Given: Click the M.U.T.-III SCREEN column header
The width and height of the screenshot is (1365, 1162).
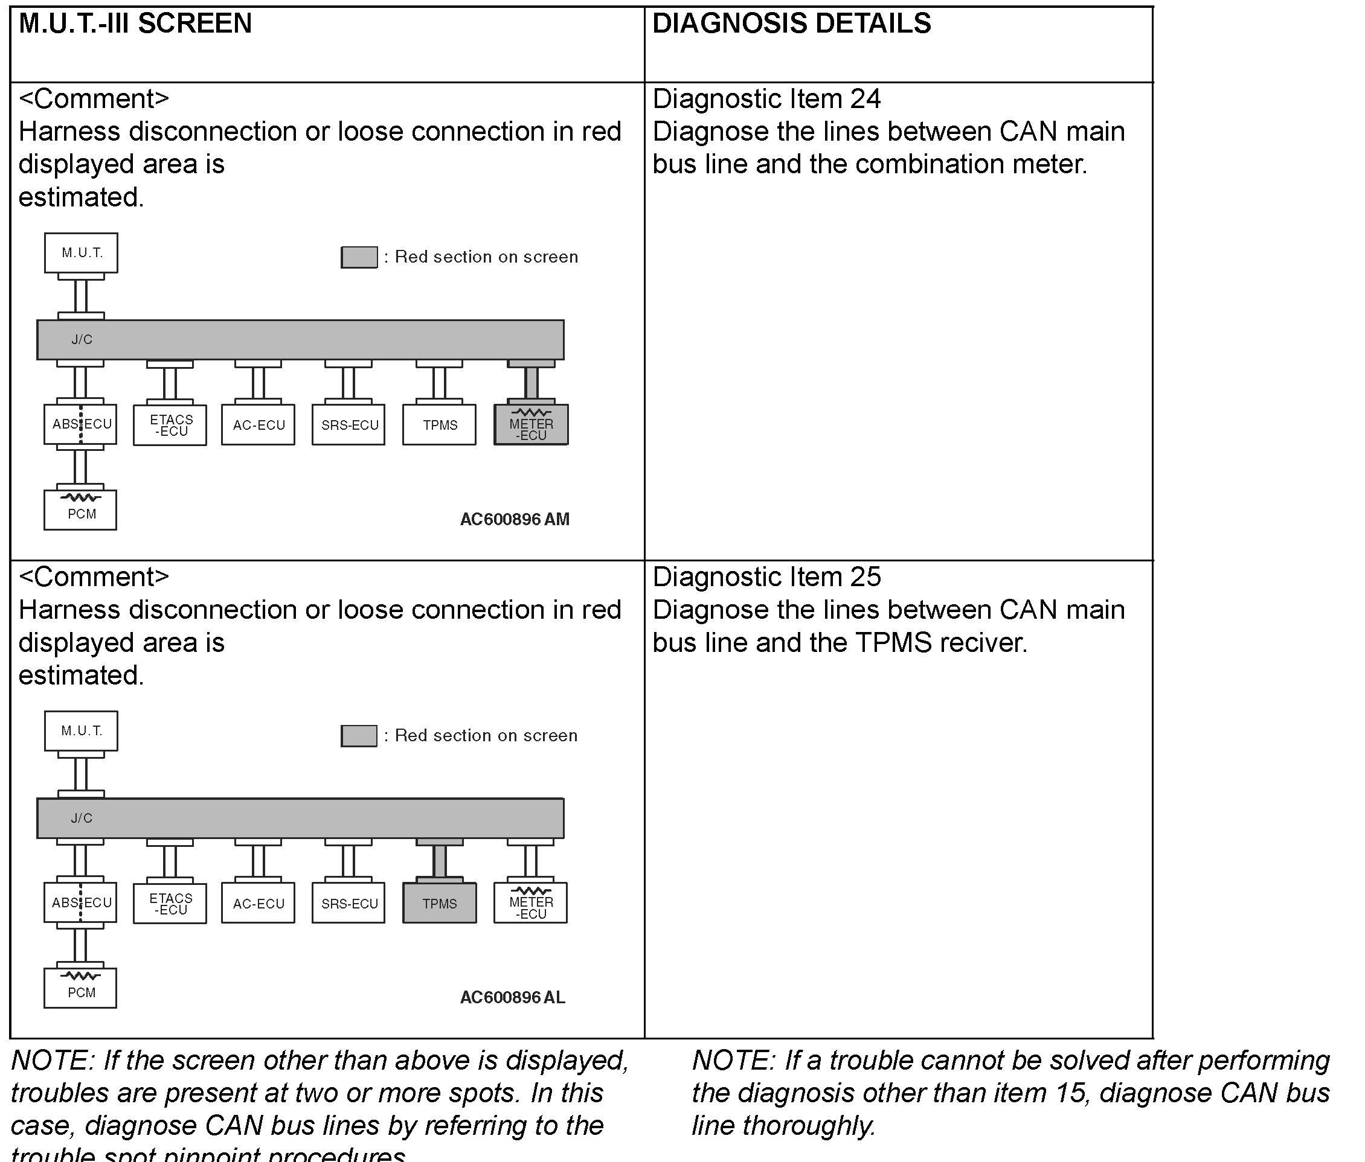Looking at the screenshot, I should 135,24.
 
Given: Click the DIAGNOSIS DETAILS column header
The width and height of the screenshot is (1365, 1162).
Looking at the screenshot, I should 791,24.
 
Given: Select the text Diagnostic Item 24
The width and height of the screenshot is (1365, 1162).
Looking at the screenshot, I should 766,99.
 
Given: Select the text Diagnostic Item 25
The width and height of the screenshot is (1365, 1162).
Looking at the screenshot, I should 766,576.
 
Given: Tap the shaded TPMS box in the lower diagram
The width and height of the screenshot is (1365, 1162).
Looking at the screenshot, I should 440,903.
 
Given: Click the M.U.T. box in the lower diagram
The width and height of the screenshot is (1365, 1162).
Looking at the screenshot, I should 81,731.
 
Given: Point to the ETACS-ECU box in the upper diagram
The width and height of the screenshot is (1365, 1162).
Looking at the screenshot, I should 170,426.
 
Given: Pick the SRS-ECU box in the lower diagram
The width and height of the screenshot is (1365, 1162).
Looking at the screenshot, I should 348,903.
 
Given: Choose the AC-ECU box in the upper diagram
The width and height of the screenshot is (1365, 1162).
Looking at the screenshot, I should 259,426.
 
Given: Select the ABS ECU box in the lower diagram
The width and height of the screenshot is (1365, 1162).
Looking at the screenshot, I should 80,902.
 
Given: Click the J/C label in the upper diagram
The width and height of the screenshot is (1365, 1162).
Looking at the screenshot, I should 82,340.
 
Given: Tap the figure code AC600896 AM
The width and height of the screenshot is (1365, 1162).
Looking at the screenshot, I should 514,520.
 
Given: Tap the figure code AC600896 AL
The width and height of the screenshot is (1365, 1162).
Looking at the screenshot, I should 512,997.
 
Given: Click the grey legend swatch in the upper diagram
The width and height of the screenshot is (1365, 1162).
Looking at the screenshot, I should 359,257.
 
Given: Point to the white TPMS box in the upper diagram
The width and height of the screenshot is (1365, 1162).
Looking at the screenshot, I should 440,426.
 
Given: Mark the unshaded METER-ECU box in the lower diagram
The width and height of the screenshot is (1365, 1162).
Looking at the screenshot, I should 530,903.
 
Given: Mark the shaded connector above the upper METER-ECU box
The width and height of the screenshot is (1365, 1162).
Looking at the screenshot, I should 531,382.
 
